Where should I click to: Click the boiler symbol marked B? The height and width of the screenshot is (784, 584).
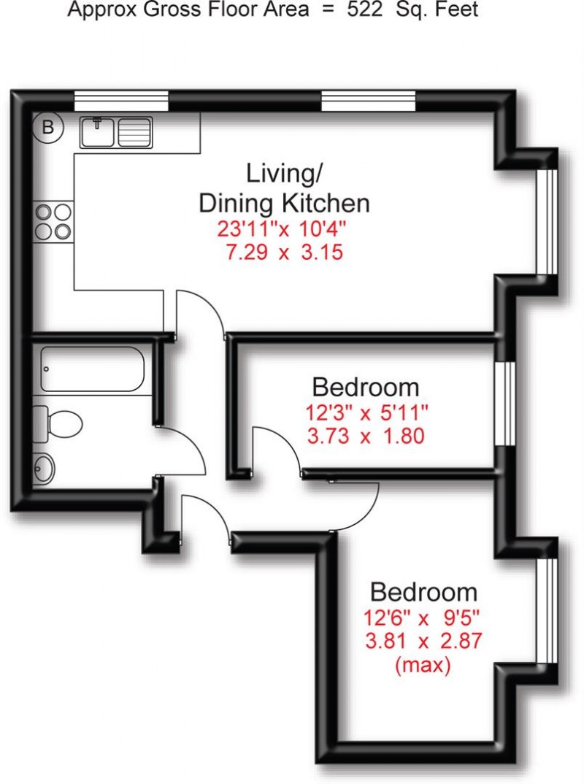coord(48,128)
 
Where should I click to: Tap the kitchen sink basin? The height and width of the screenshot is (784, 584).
coord(96,133)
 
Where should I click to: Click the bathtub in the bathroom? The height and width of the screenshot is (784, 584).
coord(95,370)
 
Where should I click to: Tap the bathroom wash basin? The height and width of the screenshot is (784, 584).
coord(45,468)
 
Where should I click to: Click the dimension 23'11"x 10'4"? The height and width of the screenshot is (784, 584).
coord(281,228)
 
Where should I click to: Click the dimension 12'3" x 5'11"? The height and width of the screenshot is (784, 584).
coord(366,412)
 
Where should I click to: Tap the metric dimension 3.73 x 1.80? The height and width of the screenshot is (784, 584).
coord(366,437)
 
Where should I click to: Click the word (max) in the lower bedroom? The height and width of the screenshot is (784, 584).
coord(423,666)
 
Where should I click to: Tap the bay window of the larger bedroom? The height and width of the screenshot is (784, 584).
coord(547,610)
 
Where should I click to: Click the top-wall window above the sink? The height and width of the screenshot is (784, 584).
coord(122,100)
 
